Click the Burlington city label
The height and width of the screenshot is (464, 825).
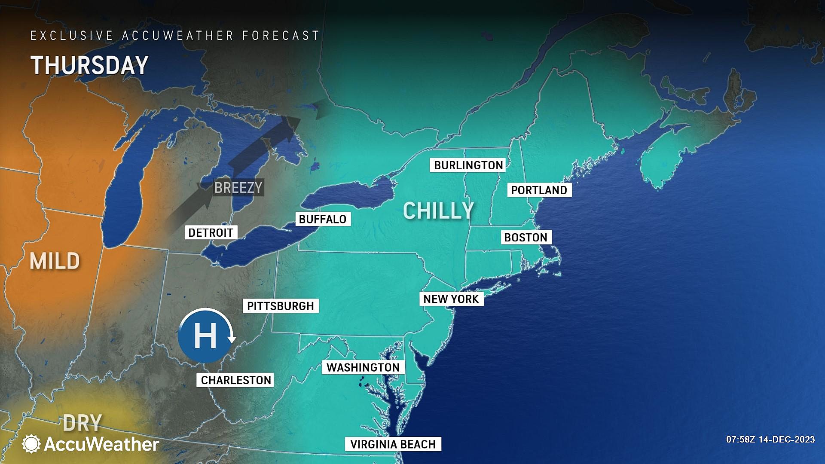coord(468,165)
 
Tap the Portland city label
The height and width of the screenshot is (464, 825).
coord(539,190)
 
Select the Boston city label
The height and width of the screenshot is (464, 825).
coord(526,238)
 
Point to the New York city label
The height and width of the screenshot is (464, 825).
coord(451,299)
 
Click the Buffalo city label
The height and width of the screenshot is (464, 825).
coord(322,219)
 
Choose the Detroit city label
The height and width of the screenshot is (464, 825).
coord(211,233)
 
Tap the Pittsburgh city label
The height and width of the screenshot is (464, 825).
coord(281,306)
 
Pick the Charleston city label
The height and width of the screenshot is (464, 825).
coord(236,380)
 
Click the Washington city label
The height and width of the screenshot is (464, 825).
coord(363,367)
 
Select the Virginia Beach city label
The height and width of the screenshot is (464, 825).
coord(393,444)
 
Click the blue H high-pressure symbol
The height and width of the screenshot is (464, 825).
coord(205,336)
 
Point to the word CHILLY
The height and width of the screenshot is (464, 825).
coord(438,211)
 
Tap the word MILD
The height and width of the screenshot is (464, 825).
coord(55,261)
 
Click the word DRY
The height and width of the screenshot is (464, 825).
coord(82,423)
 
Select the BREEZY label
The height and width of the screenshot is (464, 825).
coord(238,188)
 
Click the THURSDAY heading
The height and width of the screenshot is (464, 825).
coord(89,65)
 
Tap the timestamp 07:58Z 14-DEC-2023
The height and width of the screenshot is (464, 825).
coord(770,440)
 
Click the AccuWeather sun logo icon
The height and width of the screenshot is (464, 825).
coord(31,444)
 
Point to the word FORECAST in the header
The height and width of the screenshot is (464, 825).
coord(281,36)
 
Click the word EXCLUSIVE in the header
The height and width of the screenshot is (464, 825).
coord(72,36)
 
